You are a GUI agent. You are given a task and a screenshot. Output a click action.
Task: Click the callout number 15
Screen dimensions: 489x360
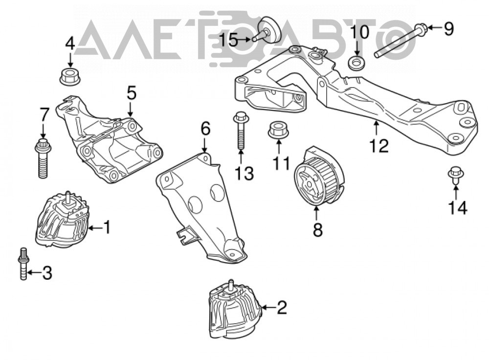[229, 40]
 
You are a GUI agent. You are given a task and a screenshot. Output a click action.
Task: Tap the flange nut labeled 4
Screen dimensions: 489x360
[70, 76]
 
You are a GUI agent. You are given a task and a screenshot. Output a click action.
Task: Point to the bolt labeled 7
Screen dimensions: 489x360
[42, 158]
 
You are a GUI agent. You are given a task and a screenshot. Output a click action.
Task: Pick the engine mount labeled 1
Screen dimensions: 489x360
[63, 220]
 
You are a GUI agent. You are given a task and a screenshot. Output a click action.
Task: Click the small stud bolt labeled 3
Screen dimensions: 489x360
[23, 264]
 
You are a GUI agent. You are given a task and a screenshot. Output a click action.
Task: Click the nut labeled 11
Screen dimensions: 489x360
[279, 130]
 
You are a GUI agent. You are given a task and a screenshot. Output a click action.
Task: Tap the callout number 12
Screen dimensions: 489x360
[379, 145]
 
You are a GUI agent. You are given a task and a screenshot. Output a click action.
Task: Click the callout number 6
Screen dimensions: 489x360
[205, 129]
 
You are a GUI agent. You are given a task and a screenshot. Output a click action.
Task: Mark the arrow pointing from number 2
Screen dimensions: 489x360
[268, 308]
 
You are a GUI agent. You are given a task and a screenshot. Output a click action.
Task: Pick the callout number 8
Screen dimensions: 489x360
[317, 230]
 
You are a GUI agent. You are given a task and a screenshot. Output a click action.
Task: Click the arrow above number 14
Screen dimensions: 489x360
[456, 192]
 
